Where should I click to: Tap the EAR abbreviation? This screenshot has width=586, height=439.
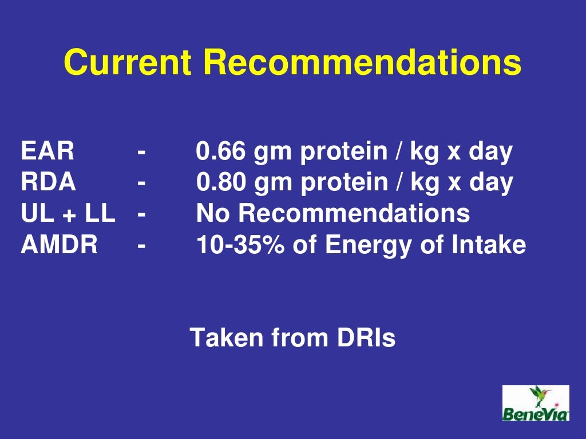[47, 152]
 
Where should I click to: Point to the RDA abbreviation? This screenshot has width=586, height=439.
[48, 183]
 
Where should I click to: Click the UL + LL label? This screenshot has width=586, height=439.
[68, 214]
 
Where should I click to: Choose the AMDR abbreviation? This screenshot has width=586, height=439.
[60, 245]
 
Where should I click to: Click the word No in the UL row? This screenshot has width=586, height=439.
[213, 214]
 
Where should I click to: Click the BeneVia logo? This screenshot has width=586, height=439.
[536, 403]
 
